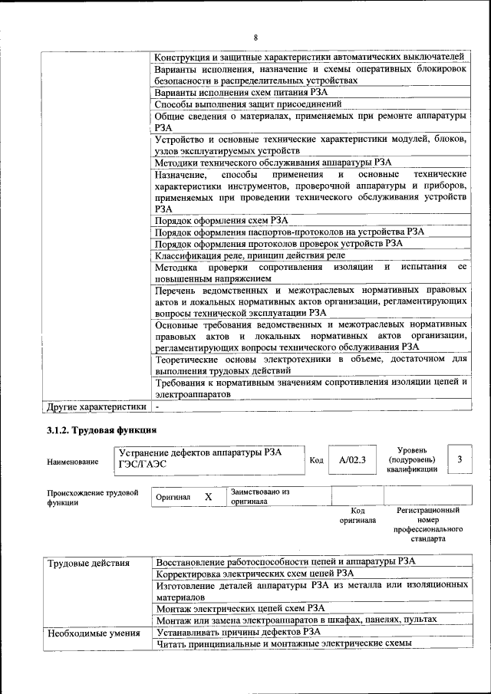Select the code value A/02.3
[352, 460]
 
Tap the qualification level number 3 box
[459, 459]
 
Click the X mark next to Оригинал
[208, 497]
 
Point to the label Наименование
[73, 462]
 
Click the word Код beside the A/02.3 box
[316, 460]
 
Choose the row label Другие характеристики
[96, 406]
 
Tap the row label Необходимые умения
[94, 633]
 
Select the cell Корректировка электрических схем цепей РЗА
[255, 573]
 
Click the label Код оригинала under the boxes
[358, 515]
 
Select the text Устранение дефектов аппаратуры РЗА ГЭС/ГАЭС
[200, 458]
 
